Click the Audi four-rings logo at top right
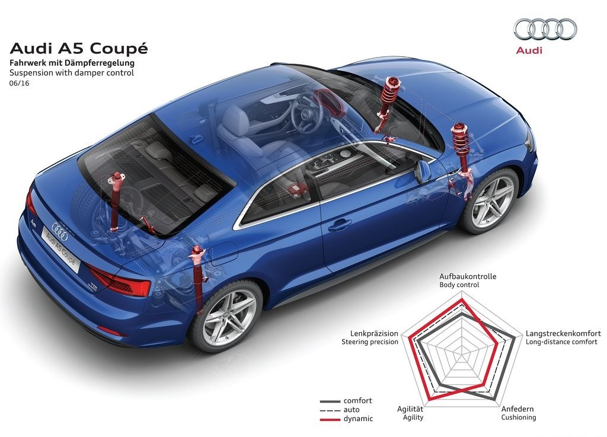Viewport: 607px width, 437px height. tap(545, 29)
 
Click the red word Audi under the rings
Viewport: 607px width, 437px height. tap(529, 50)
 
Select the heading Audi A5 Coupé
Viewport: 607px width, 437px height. tap(79, 49)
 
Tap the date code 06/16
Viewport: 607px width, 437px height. tap(20, 83)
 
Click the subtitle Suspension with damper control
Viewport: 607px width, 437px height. tap(72, 73)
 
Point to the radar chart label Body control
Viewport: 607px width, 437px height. tap(459, 285)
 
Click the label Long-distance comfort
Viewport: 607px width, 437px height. tap(561, 342)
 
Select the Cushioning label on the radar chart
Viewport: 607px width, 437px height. tap(518, 417)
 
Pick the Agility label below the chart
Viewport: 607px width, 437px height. tap(413, 417)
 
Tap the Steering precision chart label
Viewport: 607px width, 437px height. tap(370, 342)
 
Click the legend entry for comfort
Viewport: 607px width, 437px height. tap(346, 401)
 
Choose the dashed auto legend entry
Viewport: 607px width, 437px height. tap(340, 410)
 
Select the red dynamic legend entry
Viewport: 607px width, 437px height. tap(346, 419)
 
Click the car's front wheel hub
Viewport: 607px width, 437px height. tap(491, 198)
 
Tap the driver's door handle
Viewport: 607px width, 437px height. tap(340, 225)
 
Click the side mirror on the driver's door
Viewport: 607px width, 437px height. tap(423, 171)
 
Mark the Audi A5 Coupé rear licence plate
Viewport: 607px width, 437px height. tap(61, 246)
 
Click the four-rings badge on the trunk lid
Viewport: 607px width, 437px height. tap(59, 231)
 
